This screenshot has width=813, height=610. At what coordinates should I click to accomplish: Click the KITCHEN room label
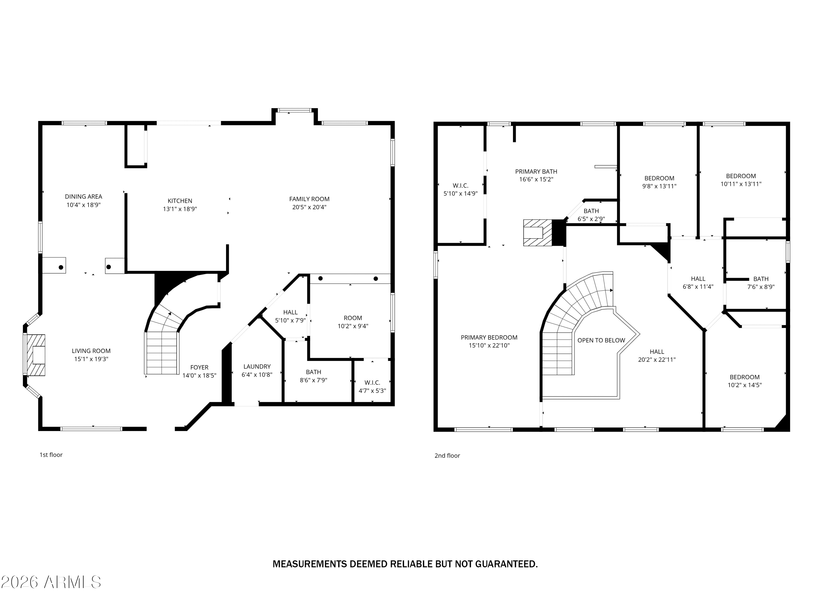point(180,201)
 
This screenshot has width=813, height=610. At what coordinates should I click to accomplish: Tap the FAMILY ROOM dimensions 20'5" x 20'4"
point(309,207)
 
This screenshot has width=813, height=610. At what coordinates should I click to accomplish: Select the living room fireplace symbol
point(36,355)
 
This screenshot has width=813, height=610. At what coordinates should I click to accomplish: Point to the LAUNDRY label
point(257,367)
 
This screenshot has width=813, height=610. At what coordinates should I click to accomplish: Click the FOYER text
point(199,367)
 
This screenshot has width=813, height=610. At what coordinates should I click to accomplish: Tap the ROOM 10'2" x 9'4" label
point(353,322)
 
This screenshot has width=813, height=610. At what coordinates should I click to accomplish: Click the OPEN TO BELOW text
point(601,341)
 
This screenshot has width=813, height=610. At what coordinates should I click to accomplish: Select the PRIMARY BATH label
point(536,172)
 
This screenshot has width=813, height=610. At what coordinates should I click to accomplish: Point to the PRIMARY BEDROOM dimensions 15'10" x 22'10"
point(489,346)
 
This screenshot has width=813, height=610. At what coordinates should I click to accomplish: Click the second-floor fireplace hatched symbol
point(537,233)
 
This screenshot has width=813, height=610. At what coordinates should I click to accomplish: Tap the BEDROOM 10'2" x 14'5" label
point(744,381)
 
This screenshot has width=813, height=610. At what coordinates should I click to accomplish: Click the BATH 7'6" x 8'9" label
point(760,283)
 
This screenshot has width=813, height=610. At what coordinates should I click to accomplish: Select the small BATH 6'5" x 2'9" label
point(591,215)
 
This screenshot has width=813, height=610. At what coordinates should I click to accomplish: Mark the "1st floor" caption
point(51,455)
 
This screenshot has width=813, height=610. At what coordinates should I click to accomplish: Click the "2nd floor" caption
point(447,455)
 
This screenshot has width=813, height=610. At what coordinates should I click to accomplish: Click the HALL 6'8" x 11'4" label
point(698,283)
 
